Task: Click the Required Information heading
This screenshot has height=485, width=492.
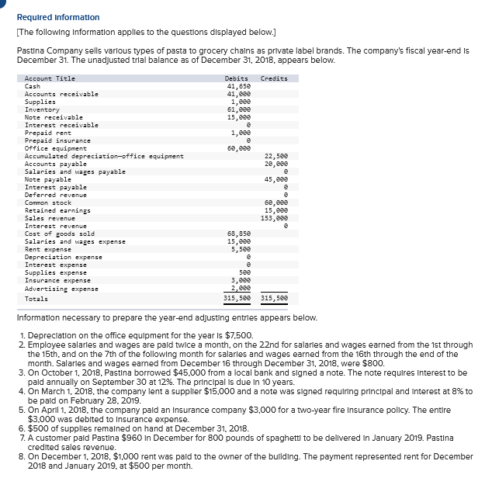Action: click(57, 17)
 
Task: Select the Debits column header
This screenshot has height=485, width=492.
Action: click(236, 78)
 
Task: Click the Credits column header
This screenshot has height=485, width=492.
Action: click(274, 78)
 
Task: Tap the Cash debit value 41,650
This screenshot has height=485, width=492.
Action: click(237, 86)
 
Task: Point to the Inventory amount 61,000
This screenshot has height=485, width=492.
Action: click(237, 109)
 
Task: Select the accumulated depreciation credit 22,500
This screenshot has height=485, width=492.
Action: click(275, 156)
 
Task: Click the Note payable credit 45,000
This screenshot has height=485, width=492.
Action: click(275, 179)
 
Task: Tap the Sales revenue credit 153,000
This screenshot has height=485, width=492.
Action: click(274, 218)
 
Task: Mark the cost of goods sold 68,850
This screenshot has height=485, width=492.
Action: click(237, 234)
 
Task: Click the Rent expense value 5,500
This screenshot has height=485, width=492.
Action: click(238, 249)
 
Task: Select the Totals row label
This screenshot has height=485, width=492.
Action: click(36, 299)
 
